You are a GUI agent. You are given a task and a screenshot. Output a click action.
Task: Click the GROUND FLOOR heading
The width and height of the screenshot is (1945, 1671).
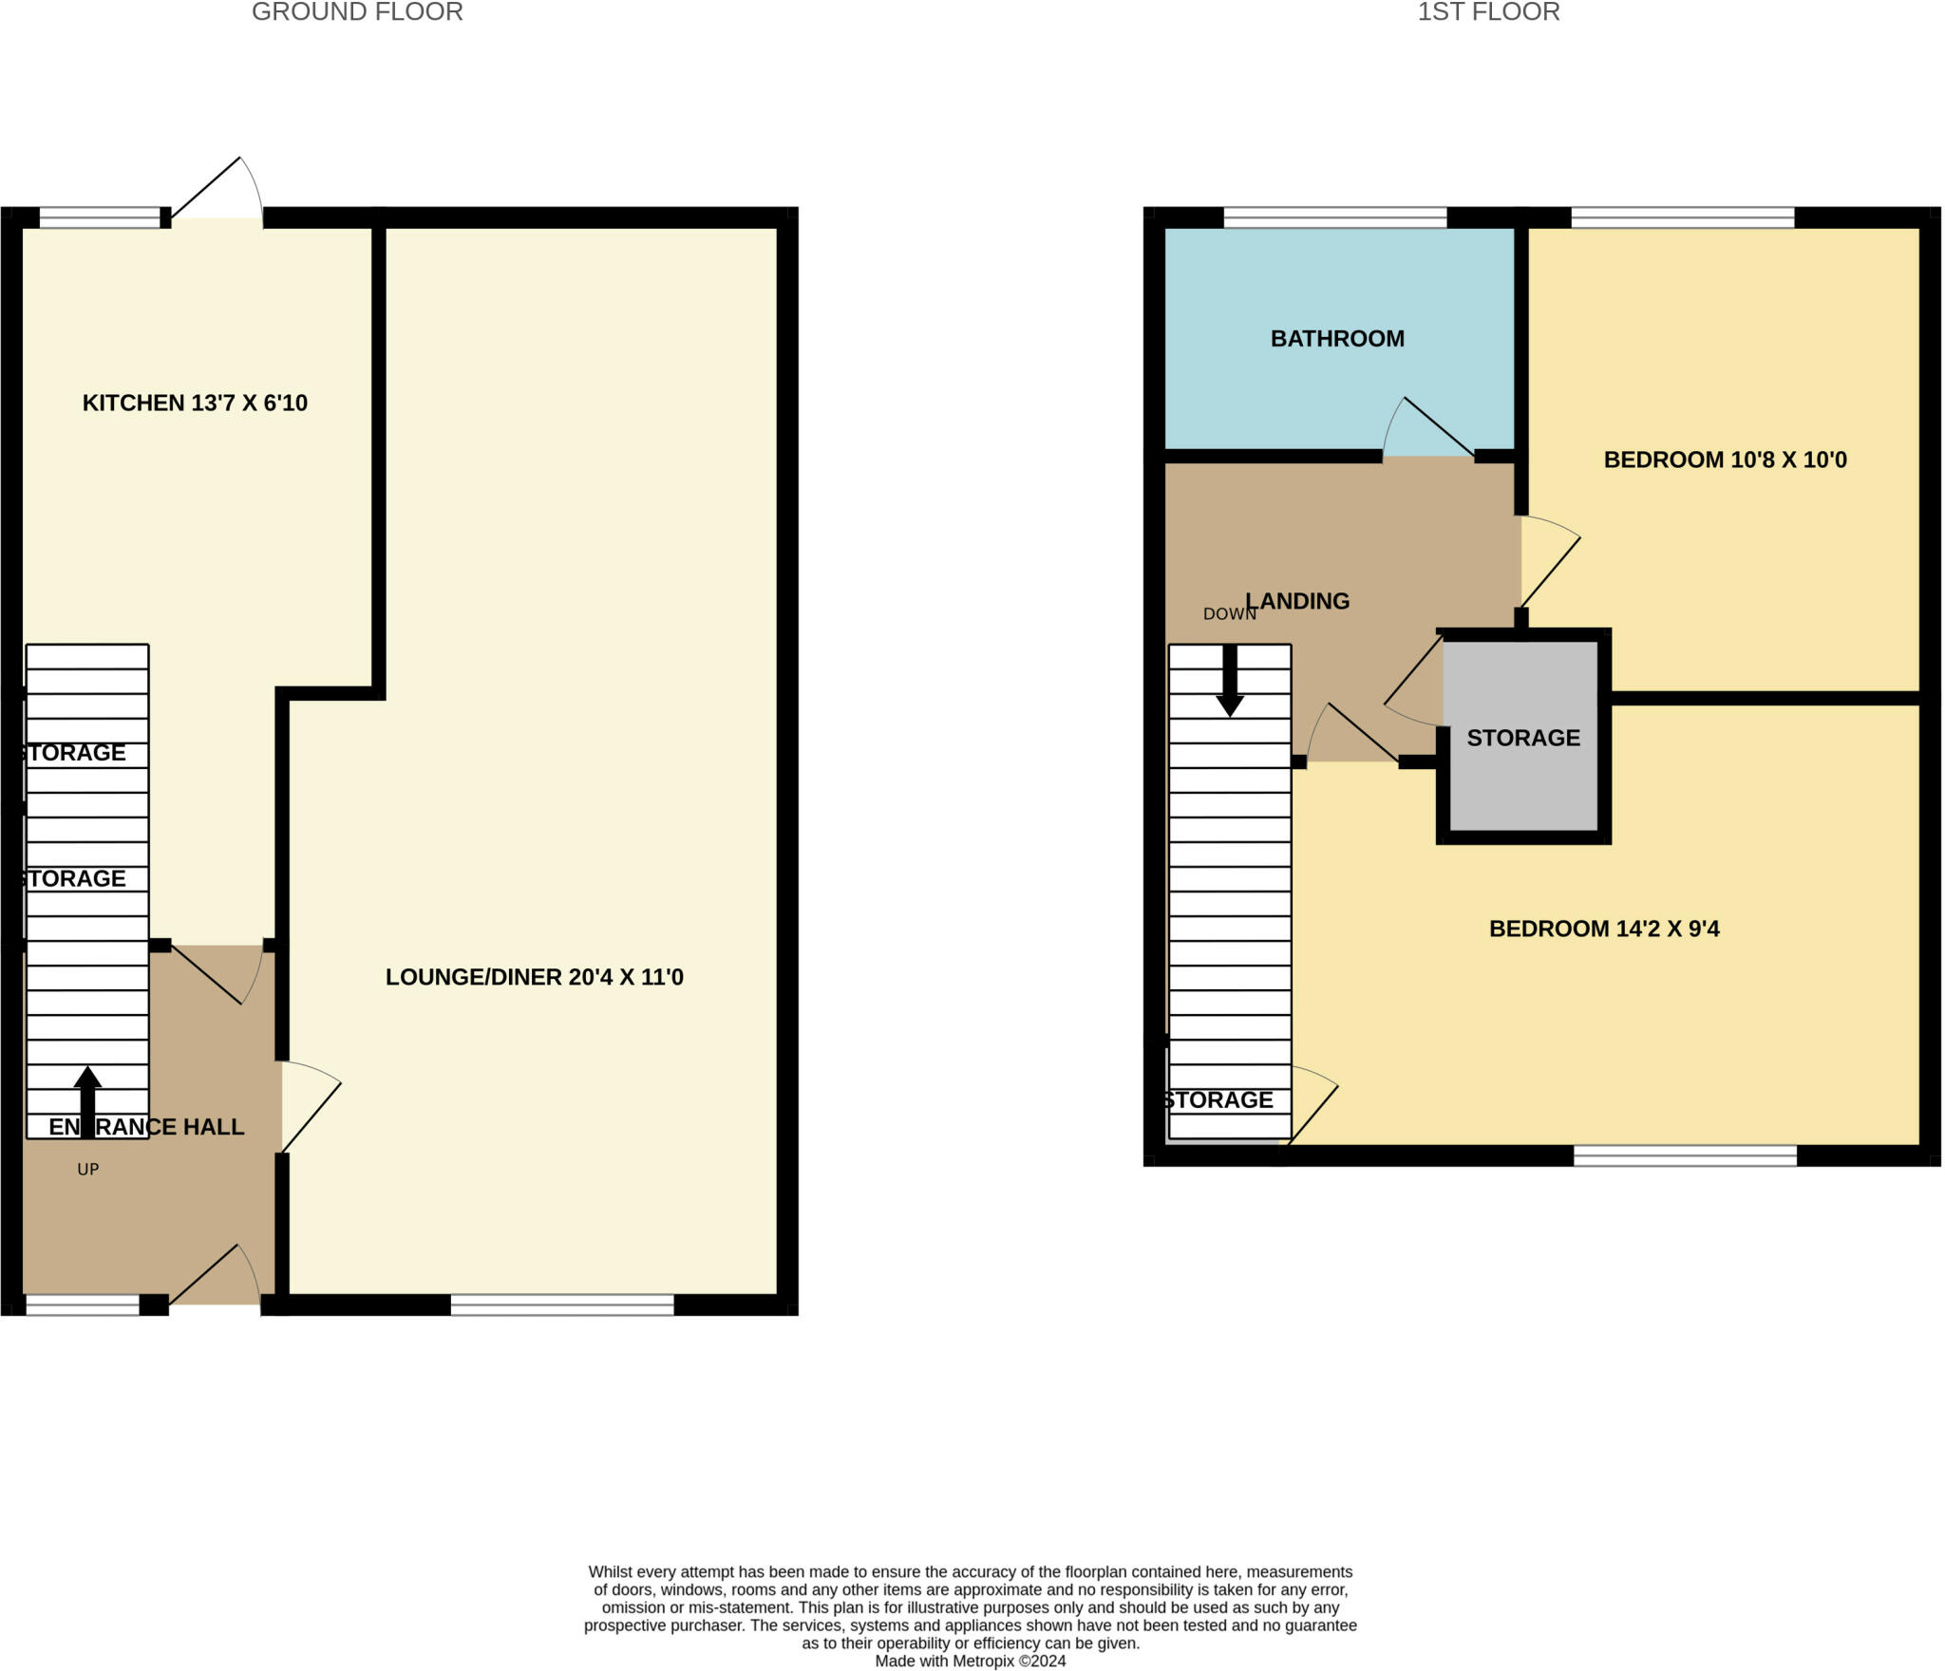pos(357,12)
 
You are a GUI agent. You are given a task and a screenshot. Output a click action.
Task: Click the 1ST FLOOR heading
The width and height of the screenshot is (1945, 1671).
pos(1488,12)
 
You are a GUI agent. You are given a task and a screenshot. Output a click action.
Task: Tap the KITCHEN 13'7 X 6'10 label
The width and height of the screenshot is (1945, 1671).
pos(195,403)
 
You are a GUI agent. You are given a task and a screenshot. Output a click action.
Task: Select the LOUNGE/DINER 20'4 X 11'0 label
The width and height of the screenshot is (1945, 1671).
pos(534,977)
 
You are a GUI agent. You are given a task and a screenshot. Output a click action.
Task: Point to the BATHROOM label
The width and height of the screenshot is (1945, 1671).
pos(1337,338)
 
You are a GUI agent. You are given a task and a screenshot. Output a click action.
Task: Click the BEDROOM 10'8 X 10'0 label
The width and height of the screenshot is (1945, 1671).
pos(1725,460)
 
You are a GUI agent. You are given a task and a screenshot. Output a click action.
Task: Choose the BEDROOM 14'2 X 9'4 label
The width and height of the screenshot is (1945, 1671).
pos(1604,929)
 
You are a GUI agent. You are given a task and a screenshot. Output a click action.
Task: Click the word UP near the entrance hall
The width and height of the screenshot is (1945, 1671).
pos(87,1170)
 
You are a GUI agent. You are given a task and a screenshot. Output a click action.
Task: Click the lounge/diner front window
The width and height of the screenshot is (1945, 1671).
pos(562,1305)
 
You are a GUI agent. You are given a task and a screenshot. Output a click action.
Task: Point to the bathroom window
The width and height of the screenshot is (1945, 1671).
pos(1334,217)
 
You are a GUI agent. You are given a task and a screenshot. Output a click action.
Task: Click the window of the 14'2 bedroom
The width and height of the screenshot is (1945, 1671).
pos(1685,1155)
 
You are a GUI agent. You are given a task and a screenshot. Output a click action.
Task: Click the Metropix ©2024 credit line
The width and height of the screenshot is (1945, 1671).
pos(970,1661)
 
